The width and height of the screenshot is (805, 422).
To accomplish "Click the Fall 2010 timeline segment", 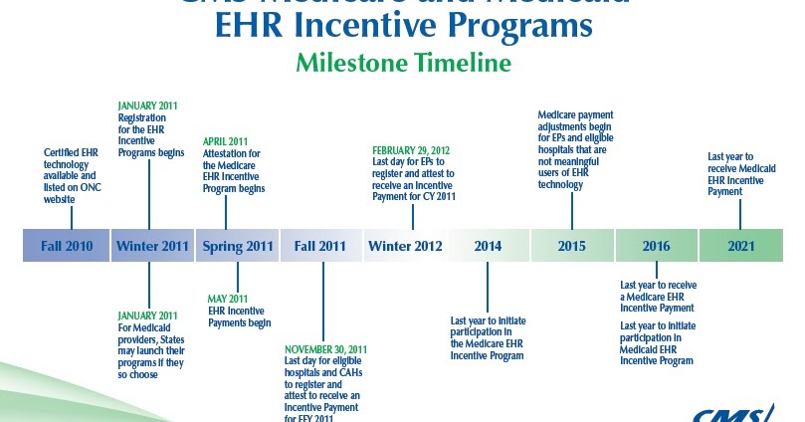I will pyautogui.click(x=66, y=246).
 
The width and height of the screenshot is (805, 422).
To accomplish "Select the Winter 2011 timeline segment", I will pyautogui.click(x=152, y=246).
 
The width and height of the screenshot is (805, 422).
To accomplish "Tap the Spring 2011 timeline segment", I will pyautogui.click(x=237, y=246).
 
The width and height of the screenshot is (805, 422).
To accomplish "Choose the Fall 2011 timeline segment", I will pyautogui.click(x=320, y=246).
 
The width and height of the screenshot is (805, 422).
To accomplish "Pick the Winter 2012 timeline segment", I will pyautogui.click(x=405, y=246).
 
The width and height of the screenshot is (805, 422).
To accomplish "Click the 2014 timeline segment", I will pyautogui.click(x=488, y=246).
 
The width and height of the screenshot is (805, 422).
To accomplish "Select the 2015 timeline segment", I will pyautogui.click(x=571, y=246).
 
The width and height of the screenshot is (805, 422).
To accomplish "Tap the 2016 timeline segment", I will pyautogui.click(x=656, y=246).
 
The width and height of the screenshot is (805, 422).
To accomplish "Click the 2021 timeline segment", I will pyautogui.click(x=741, y=246).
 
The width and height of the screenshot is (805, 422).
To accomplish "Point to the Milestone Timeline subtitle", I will pyautogui.click(x=402, y=64).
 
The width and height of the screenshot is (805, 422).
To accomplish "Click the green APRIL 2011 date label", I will pyautogui.click(x=226, y=141).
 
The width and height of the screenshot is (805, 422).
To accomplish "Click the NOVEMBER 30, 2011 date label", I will pyautogui.click(x=325, y=350).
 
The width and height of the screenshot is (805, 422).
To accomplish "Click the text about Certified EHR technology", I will pyautogui.click(x=73, y=176).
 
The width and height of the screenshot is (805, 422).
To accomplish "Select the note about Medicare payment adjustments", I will pyautogui.click(x=578, y=149).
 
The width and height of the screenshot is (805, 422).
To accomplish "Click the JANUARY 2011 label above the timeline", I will pyautogui.click(x=148, y=105).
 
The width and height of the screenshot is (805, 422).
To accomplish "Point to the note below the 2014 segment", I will pyautogui.click(x=488, y=338).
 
